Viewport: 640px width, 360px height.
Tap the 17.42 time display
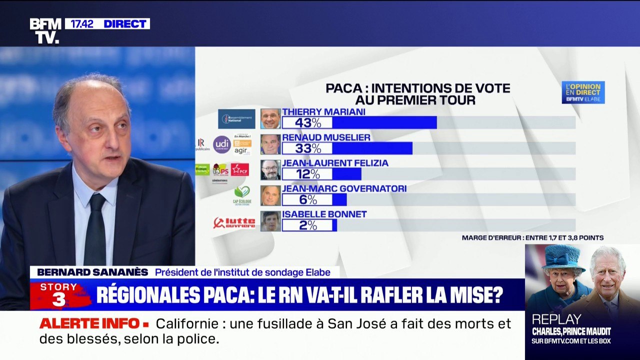point(82,23)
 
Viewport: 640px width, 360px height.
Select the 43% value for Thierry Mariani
point(307,122)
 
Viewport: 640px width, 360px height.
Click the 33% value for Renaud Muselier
point(307,148)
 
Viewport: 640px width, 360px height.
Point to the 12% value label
point(307,173)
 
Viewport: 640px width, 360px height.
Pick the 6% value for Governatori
point(307,199)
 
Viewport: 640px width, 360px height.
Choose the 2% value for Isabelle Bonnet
point(307,225)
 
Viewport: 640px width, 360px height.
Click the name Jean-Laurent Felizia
point(335,163)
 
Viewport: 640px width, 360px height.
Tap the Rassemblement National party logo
point(236,119)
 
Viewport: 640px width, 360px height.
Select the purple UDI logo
point(222,144)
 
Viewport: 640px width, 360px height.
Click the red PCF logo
point(239,169)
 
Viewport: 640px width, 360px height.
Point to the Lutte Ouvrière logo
point(234,222)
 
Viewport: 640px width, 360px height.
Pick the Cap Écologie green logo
point(242,195)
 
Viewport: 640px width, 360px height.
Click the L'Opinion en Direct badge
point(583,92)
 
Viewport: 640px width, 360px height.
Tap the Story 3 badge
point(59,294)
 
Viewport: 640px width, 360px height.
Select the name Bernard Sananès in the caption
point(92,272)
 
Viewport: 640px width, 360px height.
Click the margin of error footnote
point(532,238)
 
